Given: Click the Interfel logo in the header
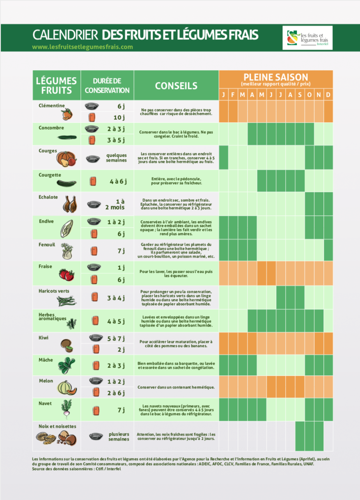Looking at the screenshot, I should (307, 38).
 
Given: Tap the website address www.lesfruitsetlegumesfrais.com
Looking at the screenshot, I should (83, 47).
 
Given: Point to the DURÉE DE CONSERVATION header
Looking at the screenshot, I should (107, 86).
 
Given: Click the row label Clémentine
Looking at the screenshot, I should (52, 105).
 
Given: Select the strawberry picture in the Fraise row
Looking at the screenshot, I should (66, 274).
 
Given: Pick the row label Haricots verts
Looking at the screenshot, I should (54, 291).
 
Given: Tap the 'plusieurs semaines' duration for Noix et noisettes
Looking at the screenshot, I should (119, 436).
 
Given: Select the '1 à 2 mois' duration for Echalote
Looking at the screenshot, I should (116, 204).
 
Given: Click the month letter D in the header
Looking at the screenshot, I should (328, 95).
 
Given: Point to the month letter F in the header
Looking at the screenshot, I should (233, 95).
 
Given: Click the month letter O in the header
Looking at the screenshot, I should (309, 95).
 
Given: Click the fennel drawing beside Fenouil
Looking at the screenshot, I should (66, 251).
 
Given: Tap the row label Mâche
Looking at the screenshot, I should (46, 360).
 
